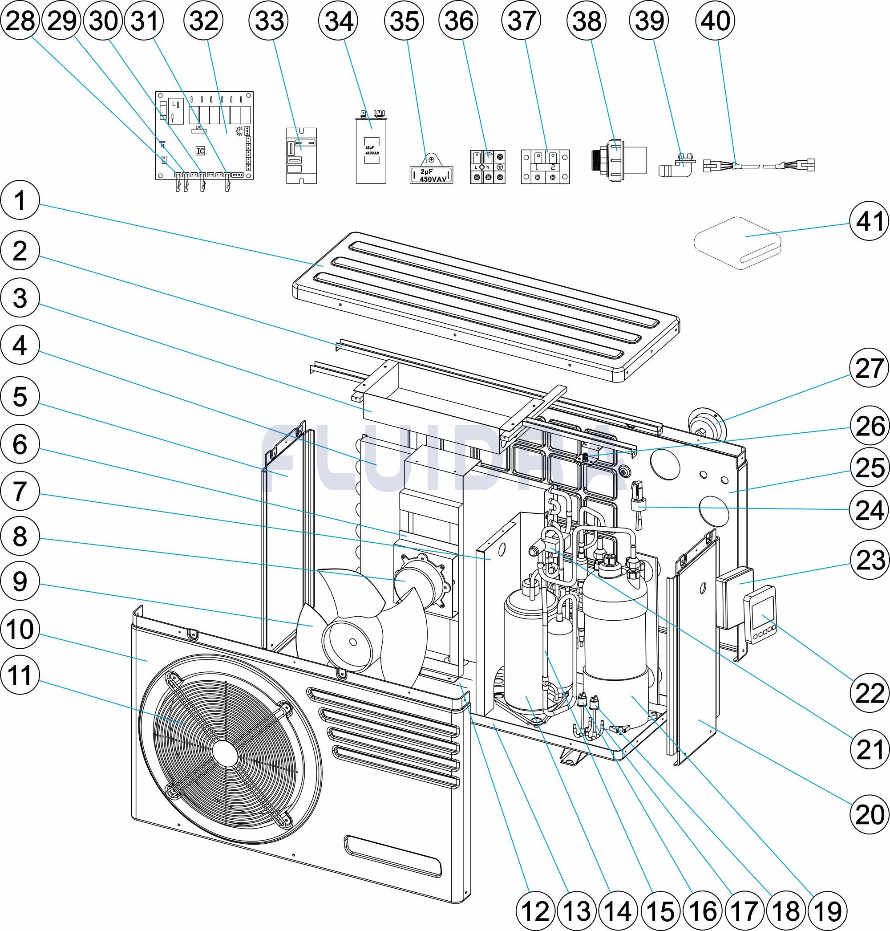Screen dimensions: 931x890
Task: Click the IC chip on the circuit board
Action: pos(200,151)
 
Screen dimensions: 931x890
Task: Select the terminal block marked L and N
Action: pos(487,167)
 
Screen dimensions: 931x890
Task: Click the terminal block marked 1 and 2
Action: pos(545,167)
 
